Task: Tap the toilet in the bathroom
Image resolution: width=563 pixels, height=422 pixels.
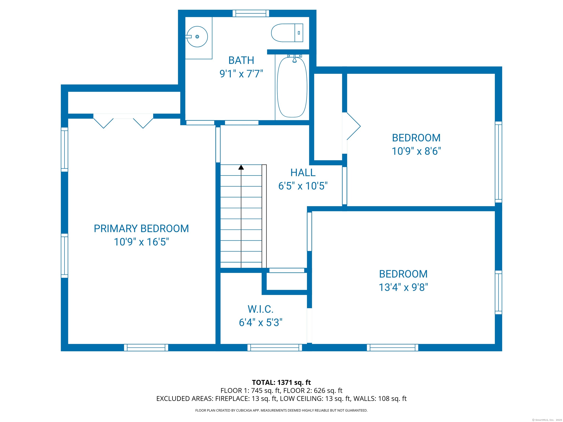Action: click(x=287, y=33)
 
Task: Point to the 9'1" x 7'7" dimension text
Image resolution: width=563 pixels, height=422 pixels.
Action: click(x=241, y=74)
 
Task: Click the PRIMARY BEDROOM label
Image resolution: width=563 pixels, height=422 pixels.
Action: click(x=141, y=228)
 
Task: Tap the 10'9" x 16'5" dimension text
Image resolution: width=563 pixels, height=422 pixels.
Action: click(x=141, y=242)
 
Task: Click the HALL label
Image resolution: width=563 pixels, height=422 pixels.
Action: click(x=303, y=173)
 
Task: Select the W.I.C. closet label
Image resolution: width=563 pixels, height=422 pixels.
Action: click(x=261, y=309)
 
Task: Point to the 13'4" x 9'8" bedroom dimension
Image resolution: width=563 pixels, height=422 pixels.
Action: click(x=403, y=287)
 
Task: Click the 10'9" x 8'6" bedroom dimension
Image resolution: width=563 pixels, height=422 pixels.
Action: click(x=416, y=151)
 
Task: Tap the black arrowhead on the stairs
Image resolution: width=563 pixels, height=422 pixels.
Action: click(x=241, y=167)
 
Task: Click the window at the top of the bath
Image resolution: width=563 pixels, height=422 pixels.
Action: click(x=251, y=13)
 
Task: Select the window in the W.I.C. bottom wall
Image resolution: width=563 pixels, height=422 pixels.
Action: click(x=275, y=347)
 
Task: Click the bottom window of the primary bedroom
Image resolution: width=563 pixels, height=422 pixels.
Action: click(x=146, y=347)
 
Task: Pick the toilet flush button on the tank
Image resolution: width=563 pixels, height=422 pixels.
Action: click(x=299, y=33)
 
